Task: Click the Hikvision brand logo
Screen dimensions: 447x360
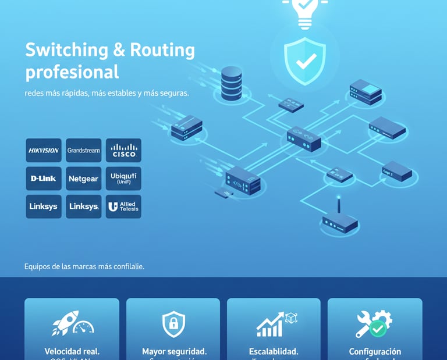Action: (x=44, y=151)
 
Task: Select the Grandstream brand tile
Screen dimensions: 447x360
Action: (x=83, y=151)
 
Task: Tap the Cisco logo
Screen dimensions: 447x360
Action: (x=123, y=151)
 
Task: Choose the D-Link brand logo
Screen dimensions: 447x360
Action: (x=44, y=179)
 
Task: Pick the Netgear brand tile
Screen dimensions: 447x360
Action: (x=83, y=179)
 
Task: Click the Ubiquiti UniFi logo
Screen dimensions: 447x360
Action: (x=123, y=179)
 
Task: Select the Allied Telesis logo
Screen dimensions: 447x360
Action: (x=123, y=206)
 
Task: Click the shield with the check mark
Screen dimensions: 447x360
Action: (x=304, y=61)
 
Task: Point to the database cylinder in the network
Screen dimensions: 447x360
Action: (x=231, y=81)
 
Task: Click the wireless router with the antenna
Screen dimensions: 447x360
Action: (x=340, y=221)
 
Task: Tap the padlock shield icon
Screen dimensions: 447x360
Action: (x=173, y=324)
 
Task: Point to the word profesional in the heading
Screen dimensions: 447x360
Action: (x=72, y=72)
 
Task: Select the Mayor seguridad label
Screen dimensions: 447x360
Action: (x=174, y=351)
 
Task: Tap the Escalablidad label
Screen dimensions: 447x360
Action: (x=274, y=351)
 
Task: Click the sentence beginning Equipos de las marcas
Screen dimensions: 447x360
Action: (x=84, y=266)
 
